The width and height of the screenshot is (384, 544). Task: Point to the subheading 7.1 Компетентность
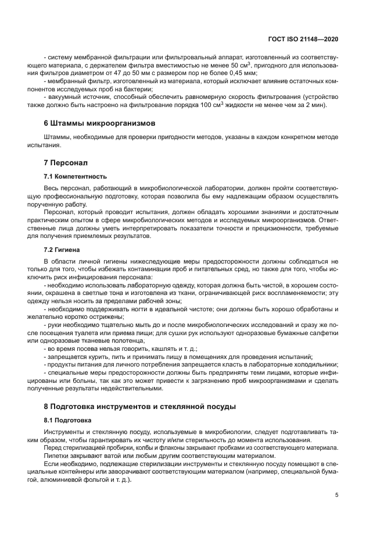pos(75,176)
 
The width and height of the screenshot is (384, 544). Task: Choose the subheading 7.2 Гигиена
pos(65,248)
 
